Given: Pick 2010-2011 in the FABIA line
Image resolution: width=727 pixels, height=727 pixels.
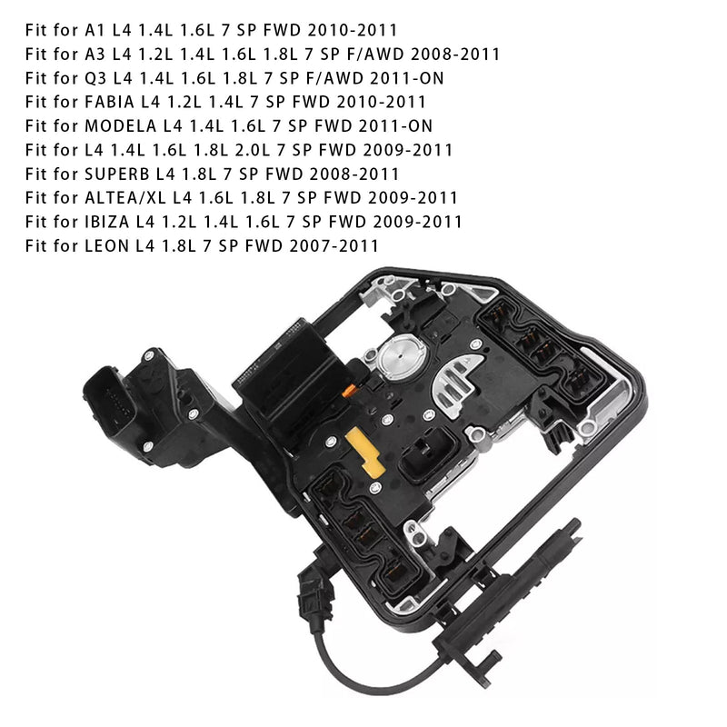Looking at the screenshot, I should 381,102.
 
